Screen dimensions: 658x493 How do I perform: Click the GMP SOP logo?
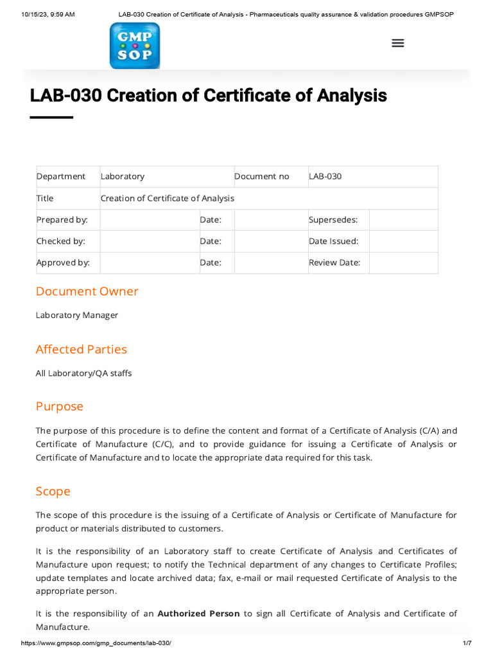tap(135, 46)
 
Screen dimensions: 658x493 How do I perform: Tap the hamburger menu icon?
tap(398, 43)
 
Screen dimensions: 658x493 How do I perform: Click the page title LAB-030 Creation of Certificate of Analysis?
tap(208, 96)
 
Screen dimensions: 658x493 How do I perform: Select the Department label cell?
tap(61, 177)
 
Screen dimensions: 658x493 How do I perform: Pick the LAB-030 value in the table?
tap(325, 177)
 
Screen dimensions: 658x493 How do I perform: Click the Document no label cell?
tap(262, 177)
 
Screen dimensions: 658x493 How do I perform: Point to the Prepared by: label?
tap(62, 220)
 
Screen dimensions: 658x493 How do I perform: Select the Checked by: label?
tap(61, 241)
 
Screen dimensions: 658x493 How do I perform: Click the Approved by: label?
tap(63, 262)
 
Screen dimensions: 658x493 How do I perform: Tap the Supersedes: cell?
tap(333, 220)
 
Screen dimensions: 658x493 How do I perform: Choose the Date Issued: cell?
tap(334, 241)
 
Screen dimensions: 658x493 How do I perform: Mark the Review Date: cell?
tap(334, 262)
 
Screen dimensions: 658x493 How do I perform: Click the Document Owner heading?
tap(87, 291)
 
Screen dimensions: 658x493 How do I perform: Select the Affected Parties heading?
tap(81, 349)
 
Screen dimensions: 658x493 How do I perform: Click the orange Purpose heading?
tap(59, 406)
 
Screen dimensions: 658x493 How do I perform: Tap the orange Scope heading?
tap(53, 491)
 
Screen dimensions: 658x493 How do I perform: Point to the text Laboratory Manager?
tap(77, 315)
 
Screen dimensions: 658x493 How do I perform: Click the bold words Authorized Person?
tap(198, 614)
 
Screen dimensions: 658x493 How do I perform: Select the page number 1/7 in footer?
tap(467, 643)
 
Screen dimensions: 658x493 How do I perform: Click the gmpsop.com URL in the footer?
tap(96, 643)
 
